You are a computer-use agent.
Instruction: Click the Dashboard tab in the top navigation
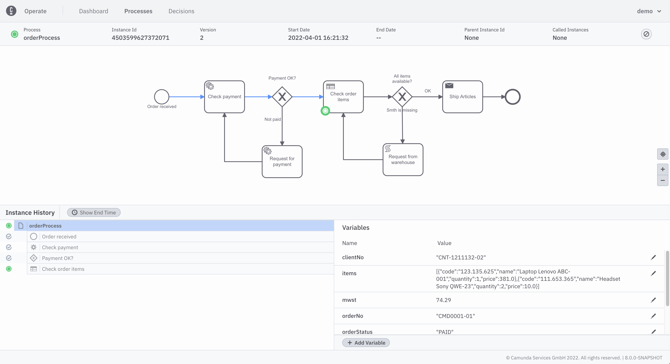93,11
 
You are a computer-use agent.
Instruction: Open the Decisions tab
181,11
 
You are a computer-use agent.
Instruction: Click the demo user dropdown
649,11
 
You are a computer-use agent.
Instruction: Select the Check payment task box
225,97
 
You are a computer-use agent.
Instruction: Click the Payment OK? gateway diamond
282,97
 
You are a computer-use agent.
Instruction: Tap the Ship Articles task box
462,97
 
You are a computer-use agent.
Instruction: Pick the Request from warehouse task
403,160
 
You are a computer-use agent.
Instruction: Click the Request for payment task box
282,161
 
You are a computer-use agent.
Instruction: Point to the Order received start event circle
161,97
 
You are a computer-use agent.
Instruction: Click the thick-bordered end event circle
512,97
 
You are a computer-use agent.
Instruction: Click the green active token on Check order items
325,111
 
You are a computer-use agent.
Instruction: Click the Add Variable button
366,343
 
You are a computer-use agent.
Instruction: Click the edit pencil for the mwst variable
653,300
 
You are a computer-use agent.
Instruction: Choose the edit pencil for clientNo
653,257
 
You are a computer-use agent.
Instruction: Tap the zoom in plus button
662,169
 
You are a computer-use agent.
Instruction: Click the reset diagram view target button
662,154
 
